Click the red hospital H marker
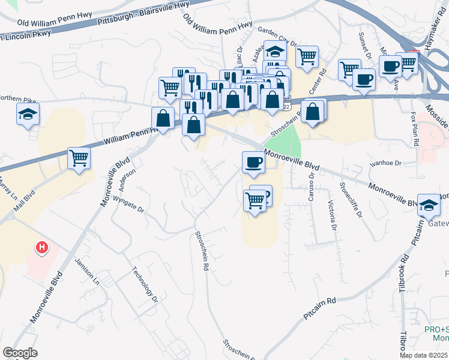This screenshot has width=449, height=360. coord(41,247)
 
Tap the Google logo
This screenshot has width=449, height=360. coord(19,353)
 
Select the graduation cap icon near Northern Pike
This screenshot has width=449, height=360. coord(28,113)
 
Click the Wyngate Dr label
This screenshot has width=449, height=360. coord(129,210)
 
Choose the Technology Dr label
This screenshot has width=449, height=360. coord(145,284)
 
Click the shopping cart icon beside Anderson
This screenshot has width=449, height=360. coord(79,159)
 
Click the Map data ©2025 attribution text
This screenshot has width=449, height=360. coord(423,355)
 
